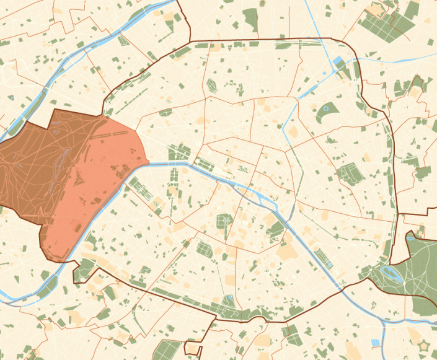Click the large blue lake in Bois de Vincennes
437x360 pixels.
392,272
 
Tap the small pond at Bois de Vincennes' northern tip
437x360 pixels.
412,236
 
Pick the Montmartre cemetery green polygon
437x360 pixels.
211,86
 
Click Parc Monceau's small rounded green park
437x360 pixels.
166,113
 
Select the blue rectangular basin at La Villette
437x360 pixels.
340,63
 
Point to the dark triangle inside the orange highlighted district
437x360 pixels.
79,180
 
